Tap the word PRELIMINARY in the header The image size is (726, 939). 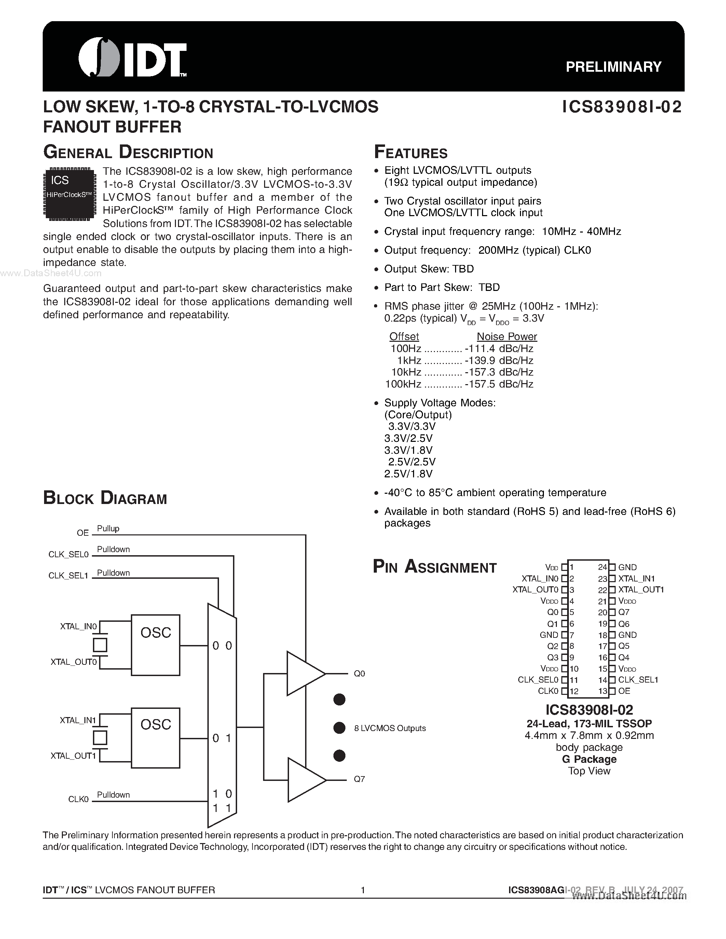(x=613, y=67)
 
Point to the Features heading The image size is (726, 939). (x=411, y=153)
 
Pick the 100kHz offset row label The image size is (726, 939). (x=403, y=384)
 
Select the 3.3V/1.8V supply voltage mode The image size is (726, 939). (x=408, y=450)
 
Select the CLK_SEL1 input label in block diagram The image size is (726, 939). (x=68, y=575)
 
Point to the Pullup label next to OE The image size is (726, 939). (x=108, y=529)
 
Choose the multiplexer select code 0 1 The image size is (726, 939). (x=222, y=738)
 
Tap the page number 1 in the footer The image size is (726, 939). (x=362, y=890)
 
